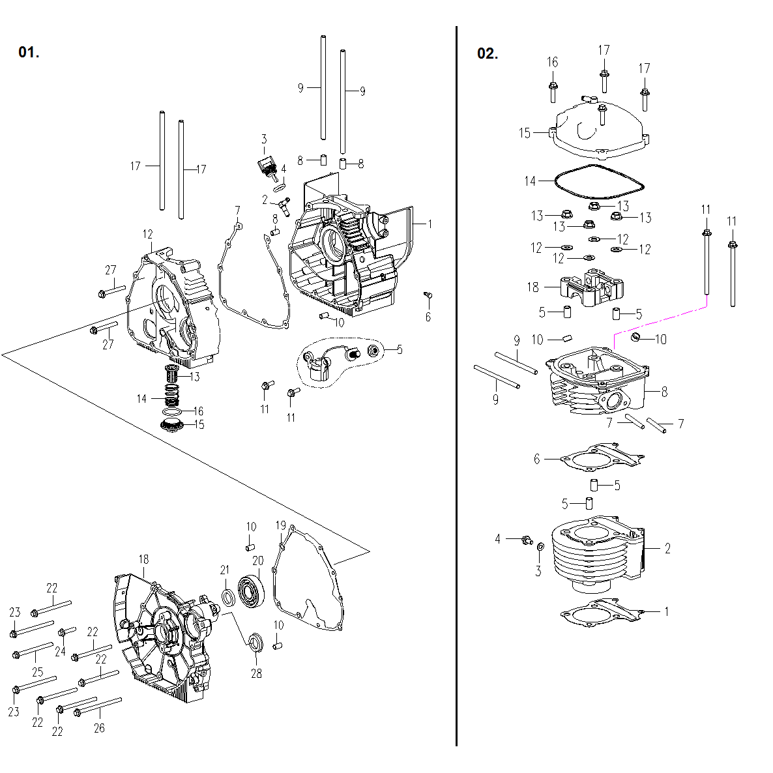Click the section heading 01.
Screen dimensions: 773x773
29,53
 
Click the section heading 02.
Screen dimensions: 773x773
488,54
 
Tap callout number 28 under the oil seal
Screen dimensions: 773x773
256,673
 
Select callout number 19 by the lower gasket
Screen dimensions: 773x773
280,525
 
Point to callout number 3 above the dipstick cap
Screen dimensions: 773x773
264,139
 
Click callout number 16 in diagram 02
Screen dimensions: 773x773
552,62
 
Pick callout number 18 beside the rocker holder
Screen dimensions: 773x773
533,287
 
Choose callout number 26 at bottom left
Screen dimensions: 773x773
99,728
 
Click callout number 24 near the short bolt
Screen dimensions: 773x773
60,651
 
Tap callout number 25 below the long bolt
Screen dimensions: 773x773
37,672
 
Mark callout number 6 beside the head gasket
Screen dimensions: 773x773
537,459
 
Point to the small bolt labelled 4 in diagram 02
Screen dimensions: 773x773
527,540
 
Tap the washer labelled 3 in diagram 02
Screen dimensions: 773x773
540,546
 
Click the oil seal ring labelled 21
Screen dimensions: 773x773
228,597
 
